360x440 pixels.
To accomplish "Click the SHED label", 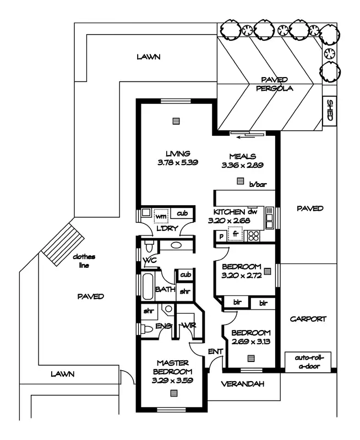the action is tap(330, 111).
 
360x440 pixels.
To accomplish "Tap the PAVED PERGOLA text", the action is tap(274, 84).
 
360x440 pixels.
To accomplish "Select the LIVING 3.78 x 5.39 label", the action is tap(178, 158).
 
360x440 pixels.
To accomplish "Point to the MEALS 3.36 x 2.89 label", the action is tap(243, 161).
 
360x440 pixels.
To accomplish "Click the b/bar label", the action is tap(258, 184).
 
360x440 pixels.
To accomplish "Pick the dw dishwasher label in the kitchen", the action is tap(252, 211).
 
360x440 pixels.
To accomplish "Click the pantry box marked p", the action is tap(221, 237).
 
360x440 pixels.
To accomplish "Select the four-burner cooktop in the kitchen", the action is tap(253, 236).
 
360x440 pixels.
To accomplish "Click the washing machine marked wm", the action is tap(161, 216).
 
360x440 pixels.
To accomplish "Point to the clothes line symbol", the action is tap(63, 244).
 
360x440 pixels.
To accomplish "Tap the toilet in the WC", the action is tap(149, 245).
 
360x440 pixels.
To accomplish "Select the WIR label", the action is tap(189, 326).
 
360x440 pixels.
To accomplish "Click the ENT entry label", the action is tap(215, 351).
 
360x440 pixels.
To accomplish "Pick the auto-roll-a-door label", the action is tap(309, 362).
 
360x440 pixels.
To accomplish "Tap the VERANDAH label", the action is tap(243, 384).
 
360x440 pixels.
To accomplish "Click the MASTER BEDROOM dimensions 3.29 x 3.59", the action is tap(172, 381).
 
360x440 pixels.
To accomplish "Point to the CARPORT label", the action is tap(308, 319).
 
